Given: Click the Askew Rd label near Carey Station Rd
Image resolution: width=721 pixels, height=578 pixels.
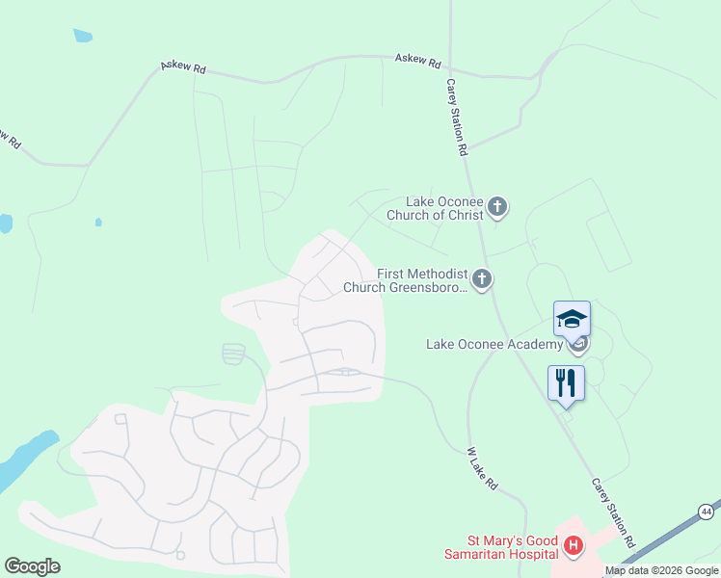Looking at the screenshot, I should click(x=417, y=61).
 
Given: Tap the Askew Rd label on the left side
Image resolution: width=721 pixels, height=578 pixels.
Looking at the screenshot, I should click(x=183, y=67).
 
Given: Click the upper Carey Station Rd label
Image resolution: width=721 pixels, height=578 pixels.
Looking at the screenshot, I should click(x=456, y=118).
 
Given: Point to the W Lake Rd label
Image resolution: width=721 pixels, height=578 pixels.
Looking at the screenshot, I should click(x=482, y=469).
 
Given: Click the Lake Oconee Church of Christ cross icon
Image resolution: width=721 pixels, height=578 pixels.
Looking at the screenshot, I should click(x=496, y=206).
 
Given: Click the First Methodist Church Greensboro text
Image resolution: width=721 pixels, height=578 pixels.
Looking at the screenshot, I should click(x=422, y=280).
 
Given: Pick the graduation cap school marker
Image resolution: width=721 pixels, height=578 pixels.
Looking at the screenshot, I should click(x=572, y=319).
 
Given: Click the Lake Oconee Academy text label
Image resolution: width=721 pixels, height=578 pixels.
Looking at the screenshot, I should click(x=494, y=344).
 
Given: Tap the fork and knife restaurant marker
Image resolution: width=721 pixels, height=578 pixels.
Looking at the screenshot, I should click(x=566, y=381).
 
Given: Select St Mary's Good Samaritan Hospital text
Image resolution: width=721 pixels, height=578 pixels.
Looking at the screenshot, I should click(x=500, y=547).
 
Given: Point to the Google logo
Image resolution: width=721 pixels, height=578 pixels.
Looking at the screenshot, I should click(x=32, y=565).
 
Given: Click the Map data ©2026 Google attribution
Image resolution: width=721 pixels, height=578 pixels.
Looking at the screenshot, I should click(x=661, y=571).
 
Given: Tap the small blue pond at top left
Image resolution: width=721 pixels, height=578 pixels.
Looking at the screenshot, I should click(x=82, y=37).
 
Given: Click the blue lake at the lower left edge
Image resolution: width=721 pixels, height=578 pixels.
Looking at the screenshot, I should click(x=24, y=461).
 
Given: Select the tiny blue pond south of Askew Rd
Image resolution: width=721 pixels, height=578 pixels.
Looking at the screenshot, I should click(x=98, y=223).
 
